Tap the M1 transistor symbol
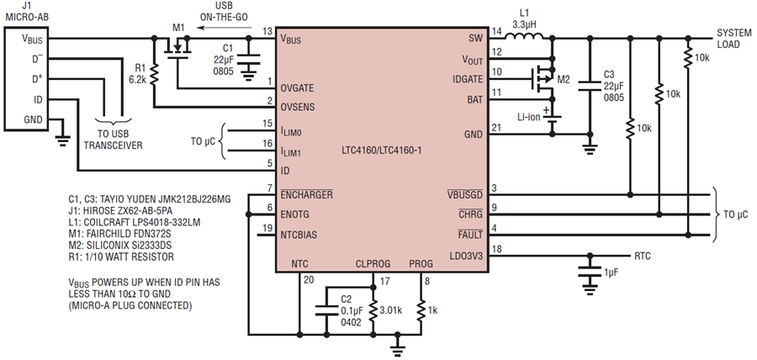click(x=177, y=49)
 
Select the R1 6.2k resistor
click(x=154, y=76)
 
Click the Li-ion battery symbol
click(x=553, y=119)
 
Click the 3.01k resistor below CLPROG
click(x=373, y=310)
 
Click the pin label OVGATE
click(x=298, y=88)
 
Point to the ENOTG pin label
click(x=295, y=214)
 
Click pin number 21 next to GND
click(x=496, y=126)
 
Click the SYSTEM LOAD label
click(x=733, y=39)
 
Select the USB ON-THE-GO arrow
click(x=218, y=28)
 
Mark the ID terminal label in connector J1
click(x=37, y=99)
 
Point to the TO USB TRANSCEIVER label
click(x=114, y=140)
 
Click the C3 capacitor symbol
click(x=590, y=86)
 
